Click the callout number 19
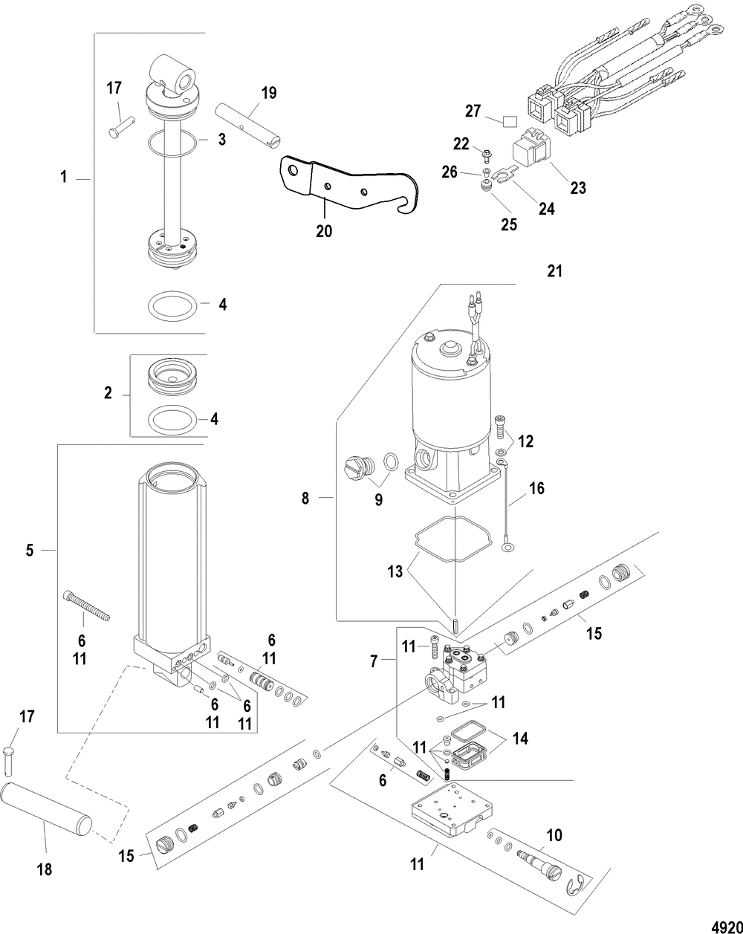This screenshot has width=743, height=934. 269,93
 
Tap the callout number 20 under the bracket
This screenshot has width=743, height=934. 324,231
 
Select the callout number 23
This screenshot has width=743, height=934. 577,188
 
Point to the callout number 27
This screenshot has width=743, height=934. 473,111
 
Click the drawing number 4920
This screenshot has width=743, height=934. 728,925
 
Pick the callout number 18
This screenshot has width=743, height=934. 45,869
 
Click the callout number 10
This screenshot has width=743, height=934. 554,834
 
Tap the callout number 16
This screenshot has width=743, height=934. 536,488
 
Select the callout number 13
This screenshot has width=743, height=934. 395,571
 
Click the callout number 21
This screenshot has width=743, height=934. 554,271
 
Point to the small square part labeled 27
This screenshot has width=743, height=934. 510,122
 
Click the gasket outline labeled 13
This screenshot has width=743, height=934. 453,539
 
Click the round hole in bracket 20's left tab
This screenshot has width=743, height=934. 293,171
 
